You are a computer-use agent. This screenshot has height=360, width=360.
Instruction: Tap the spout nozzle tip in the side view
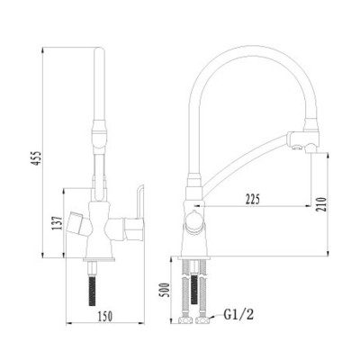click(x=311, y=143)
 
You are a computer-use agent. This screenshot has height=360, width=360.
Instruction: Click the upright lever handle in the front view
click(x=135, y=201)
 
